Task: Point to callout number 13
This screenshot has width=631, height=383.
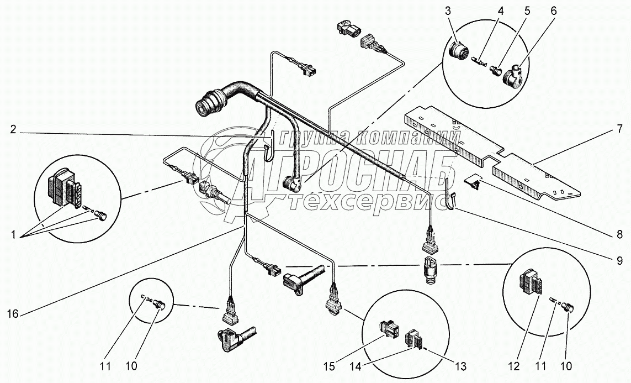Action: click(x=460, y=366)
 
